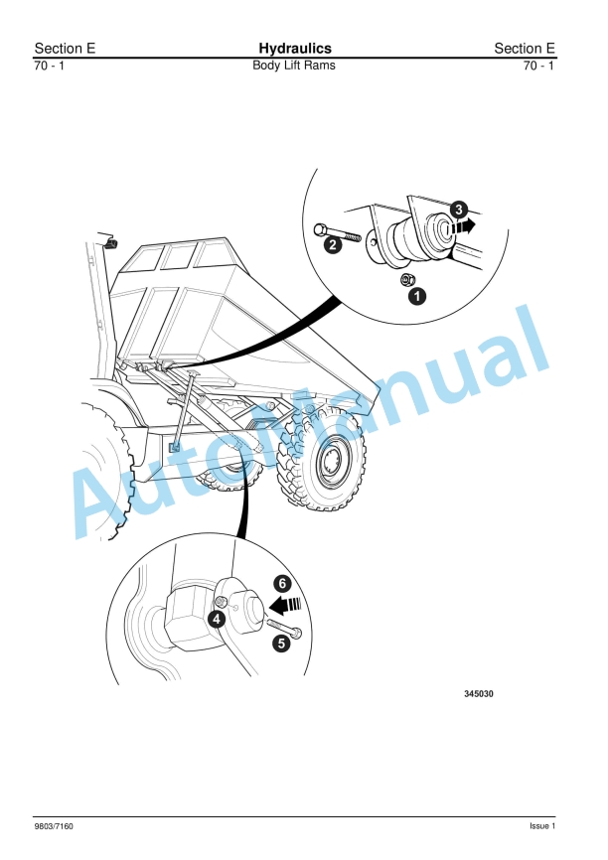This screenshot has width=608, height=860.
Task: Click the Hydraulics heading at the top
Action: [x=295, y=49]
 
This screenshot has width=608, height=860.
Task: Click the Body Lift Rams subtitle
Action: [x=294, y=66]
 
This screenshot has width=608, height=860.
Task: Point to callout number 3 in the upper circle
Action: [x=458, y=209]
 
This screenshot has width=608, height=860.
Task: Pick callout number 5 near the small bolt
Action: [x=281, y=643]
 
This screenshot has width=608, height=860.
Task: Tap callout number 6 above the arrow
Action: [x=282, y=583]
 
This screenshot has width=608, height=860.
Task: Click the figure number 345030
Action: [x=478, y=694]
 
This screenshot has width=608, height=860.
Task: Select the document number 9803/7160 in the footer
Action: [x=54, y=826]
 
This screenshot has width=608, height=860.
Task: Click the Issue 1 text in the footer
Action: [x=541, y=826]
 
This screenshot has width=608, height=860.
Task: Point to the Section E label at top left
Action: [x=65, y=49]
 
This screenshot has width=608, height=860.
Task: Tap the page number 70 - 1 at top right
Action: [x=539, y=66]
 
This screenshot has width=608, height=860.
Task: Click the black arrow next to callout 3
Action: [x=462, y=225]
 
